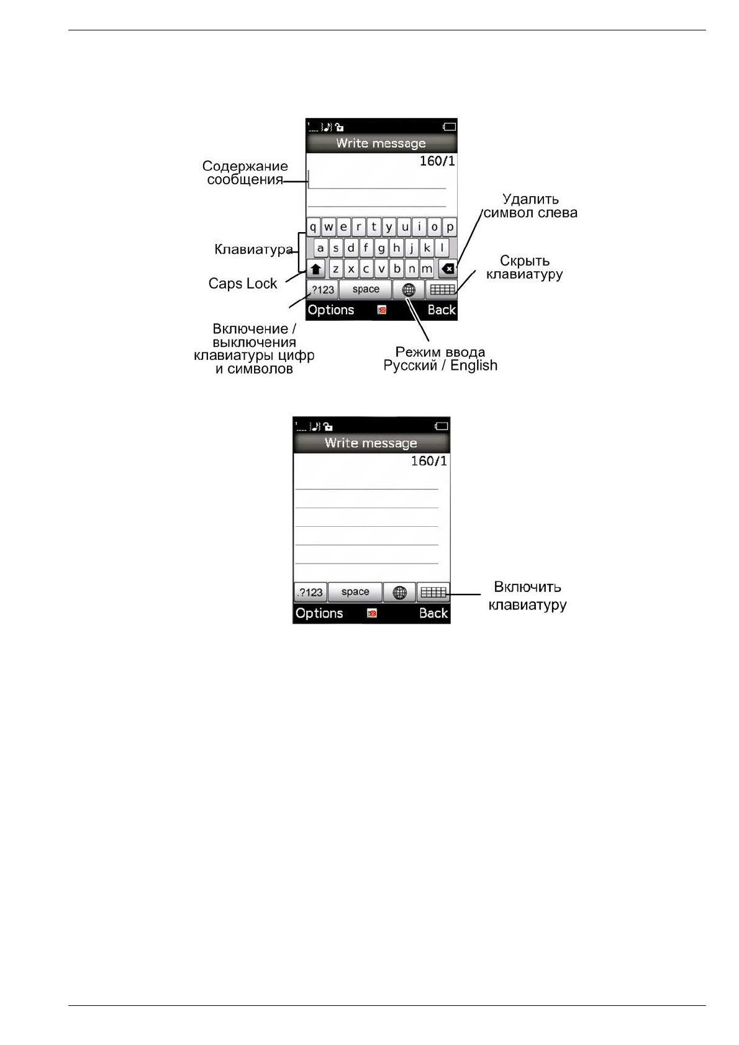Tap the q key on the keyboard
tap(313, 227)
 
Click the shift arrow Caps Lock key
tap(316, 269)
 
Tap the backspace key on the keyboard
tap(447, 269)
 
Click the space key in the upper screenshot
tap(365, 289)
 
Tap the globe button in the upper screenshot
tap(409, 290)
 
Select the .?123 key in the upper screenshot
tap(322, 290)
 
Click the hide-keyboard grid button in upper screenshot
tap(442, 290)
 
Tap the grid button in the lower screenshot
tap(433, 593)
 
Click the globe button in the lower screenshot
tap(399, 593)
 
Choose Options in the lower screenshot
tap(319, 613)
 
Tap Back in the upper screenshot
tap(442, 310)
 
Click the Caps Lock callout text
tap(243, 284)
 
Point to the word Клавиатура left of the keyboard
tap(253, 249)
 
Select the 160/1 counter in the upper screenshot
tap(437, 161)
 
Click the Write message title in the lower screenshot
tap(371, 443)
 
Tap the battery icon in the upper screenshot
tap(449, 127)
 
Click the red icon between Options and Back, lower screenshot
tap(372, 613)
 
